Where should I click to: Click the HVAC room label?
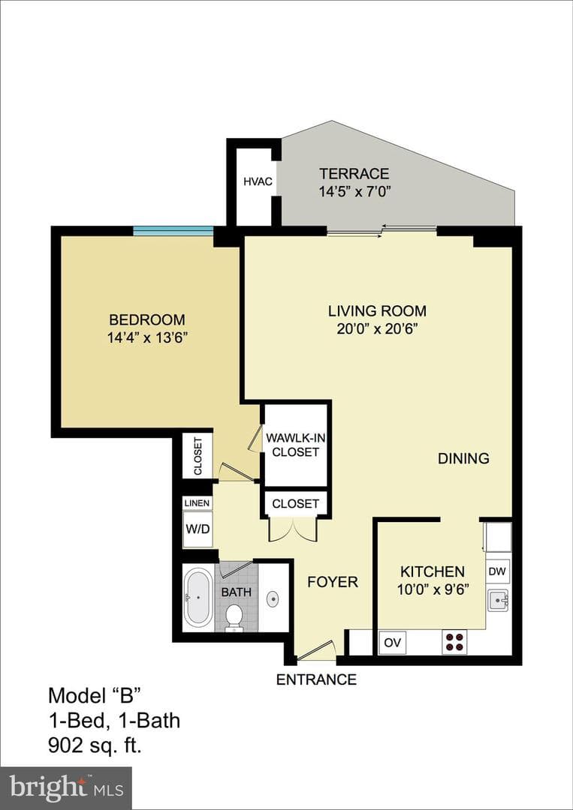(258, 181)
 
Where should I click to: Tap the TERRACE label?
(354, 173)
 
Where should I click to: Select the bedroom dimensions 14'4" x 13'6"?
(147, 337)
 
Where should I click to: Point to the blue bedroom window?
(173, 231)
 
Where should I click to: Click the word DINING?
(463, 458)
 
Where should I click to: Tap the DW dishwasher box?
(498, 571)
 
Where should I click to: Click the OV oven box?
(392, 643)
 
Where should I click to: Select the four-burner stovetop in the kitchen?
(454, 641)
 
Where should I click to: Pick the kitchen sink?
(498, 600)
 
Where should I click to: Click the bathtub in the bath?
(198, 597)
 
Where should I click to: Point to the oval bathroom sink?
(273, 599)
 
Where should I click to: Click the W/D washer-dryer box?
(198, 529)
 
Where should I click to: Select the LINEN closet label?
(197, 503)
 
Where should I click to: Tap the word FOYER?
(333, 582)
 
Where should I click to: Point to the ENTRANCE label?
(316, 679)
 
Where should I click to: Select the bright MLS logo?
(66, 787)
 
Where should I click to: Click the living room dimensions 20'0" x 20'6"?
(377, 329)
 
